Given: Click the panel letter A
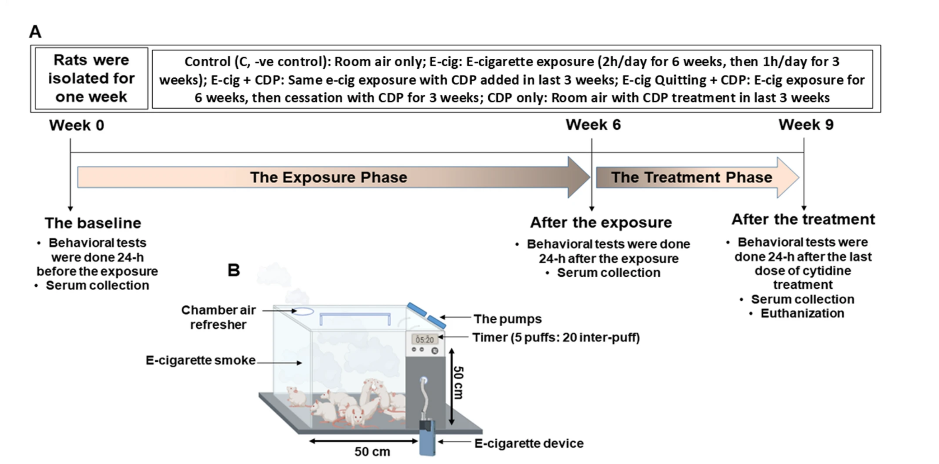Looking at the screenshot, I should click(x=35, y=32).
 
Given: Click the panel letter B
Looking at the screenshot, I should click(x=234, y=270).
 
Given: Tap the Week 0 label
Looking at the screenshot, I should click(x=76, y=125).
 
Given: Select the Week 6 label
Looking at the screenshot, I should click(x=593, y=125).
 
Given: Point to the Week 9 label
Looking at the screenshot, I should click(x=806, y=125).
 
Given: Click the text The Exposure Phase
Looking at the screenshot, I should click(x=328, y=177).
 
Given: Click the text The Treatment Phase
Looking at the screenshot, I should click(x=691, y=177).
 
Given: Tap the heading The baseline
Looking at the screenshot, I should click(x=93, y=223).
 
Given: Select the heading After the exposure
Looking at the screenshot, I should click(x=601, y=222).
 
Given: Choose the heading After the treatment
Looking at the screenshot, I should click(x=803, y=219).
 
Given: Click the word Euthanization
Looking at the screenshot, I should click(x=802, y=313).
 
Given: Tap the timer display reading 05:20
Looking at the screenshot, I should click(x=424, y=340).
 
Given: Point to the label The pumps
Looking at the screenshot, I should click(x=507, y=319).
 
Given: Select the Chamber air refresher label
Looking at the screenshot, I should click(x=218, y=317).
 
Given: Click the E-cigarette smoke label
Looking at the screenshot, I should click(x=200, y=360).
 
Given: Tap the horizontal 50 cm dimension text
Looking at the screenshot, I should click(x=372, y=452).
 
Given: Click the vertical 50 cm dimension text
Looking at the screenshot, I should click(x=458, y=383).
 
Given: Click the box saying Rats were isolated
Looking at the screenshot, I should click(x=92, y=78).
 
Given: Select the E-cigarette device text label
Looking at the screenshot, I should click(x=529, y=443).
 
